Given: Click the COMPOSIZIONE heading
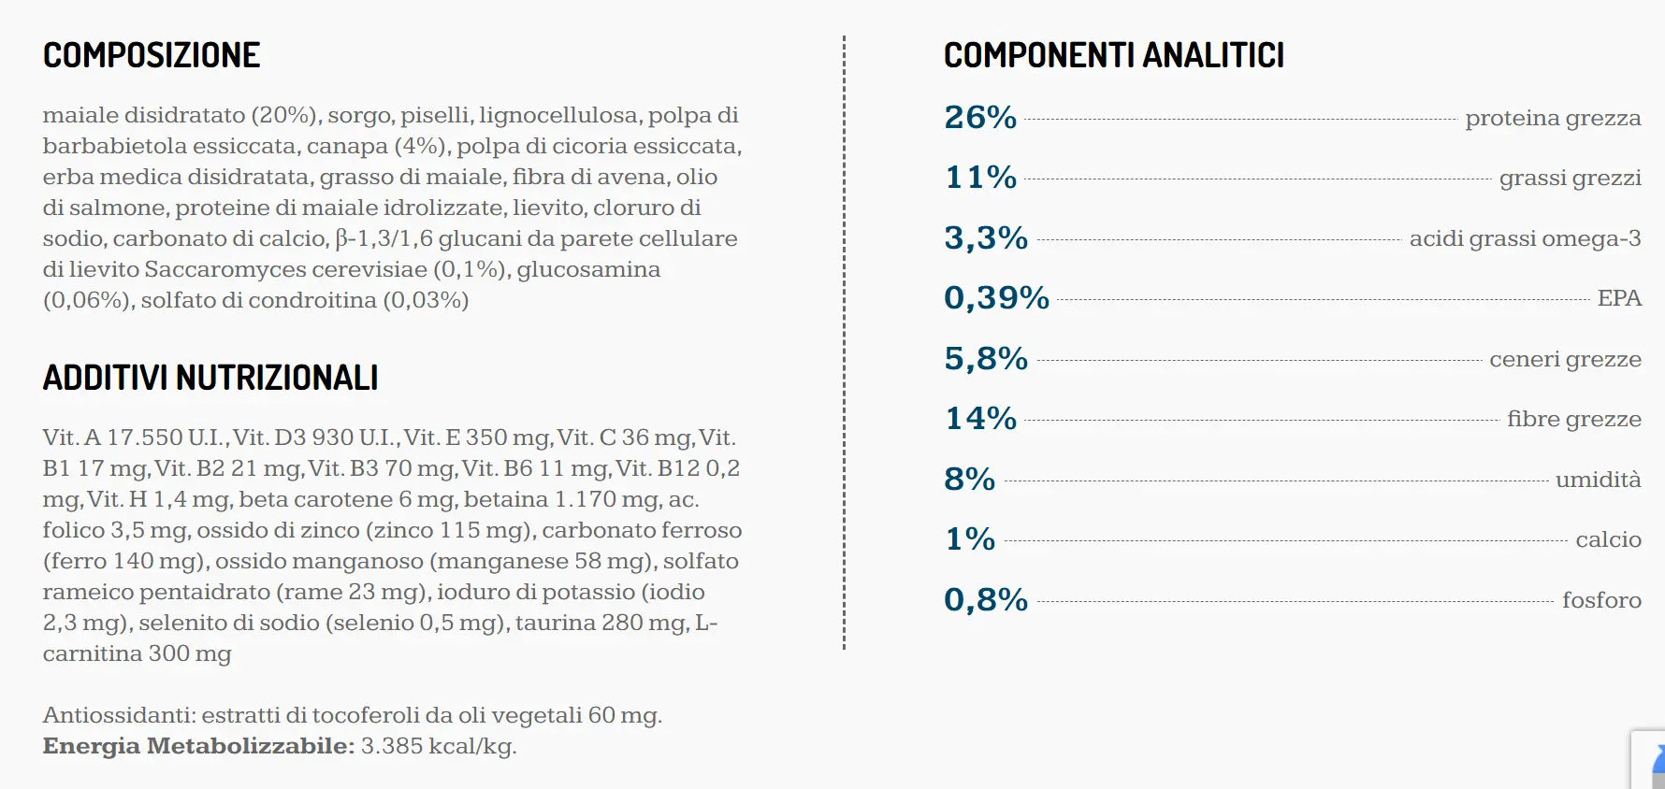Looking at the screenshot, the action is click(152, 55).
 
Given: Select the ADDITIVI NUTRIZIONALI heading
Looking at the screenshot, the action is click(210, 378).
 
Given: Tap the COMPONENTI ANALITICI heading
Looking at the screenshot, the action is click(1114, 55).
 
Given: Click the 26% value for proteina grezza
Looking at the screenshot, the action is click(980, 118).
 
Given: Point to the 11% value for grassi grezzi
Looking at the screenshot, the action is click(981, 178).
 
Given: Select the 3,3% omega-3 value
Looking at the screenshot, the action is click(986, 238).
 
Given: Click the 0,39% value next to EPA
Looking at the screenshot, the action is click(997, 298).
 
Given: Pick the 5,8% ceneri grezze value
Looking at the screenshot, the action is click(986, 359).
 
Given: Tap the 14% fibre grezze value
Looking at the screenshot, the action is click(981, 419).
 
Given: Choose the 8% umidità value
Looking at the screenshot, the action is click(970, 480).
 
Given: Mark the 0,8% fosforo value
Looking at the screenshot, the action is click(986, 600).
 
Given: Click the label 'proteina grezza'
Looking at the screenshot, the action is click(1553, 119).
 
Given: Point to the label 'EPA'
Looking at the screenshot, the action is click(1619, 298).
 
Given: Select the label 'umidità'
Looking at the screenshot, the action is click(1599, 480).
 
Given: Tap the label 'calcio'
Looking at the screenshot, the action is click(1609, 539).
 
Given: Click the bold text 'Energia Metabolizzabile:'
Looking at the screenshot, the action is click(198, 746).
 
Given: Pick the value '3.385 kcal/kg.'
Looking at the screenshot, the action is click(439, 746).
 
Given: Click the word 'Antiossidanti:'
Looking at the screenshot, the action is click(119, 715).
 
